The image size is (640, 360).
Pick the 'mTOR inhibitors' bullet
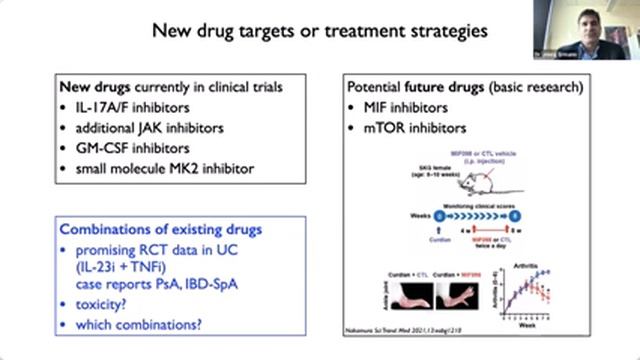tap(410, 127)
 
